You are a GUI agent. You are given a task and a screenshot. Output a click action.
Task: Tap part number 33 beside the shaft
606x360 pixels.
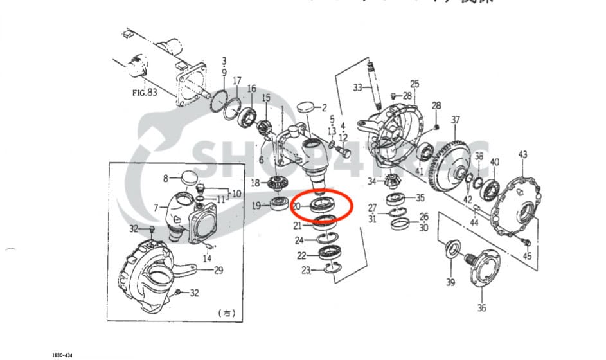tap(357, 87)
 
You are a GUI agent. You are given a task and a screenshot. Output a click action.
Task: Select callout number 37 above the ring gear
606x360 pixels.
tap(456, 120)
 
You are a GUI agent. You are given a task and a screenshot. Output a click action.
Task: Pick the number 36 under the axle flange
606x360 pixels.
tap(481, 308)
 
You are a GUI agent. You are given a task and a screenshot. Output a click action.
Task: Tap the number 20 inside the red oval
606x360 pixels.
tap(296, 206)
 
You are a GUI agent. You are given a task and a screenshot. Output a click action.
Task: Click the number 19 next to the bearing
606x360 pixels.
tap(256, 206)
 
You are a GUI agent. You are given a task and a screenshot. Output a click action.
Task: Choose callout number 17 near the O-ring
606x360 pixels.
tap(237, 81)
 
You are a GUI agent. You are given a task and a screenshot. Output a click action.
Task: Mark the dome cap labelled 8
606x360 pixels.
tap(187, 177)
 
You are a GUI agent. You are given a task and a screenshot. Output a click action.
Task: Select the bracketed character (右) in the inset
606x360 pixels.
tap(226, 313)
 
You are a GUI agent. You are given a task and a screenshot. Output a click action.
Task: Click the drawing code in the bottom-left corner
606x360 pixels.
tap(62, 354)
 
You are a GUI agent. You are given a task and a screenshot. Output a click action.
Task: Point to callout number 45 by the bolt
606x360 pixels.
tap(527, 256)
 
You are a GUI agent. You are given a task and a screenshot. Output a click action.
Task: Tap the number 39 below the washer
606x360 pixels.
tap(449, 282)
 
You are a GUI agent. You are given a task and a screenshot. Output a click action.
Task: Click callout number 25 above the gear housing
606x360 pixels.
tap(414, 84)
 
